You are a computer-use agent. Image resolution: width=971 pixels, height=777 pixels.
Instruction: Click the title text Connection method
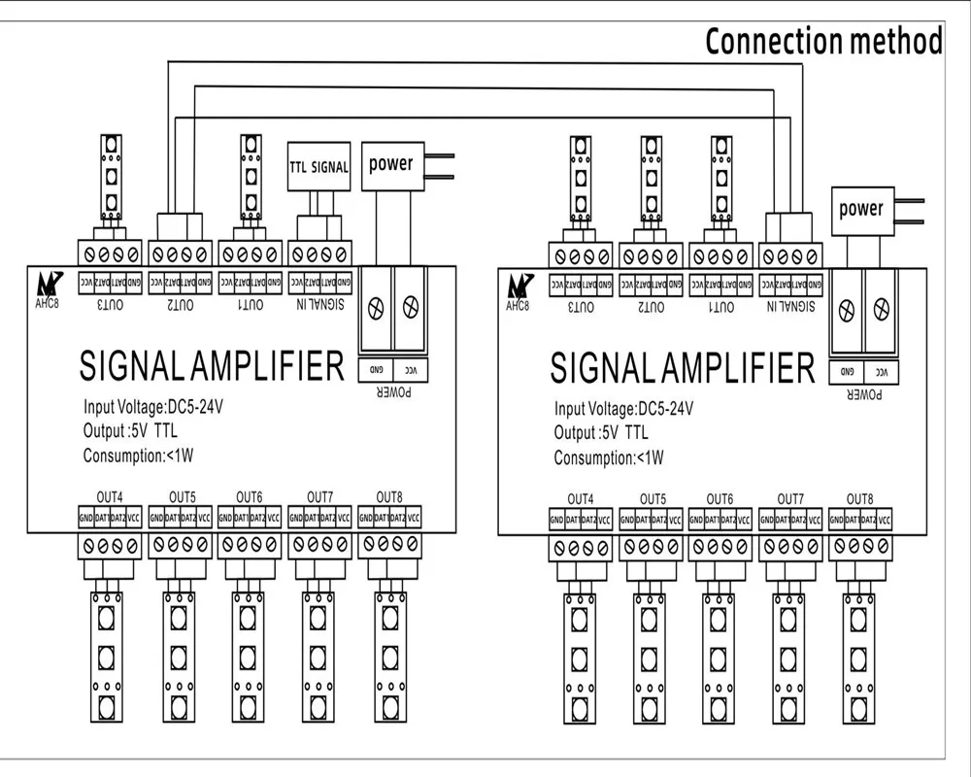(x=823, y=42)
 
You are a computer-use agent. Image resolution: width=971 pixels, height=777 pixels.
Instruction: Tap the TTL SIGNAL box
(x=318, y=167)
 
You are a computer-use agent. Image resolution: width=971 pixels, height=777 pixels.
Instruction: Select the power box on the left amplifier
(x=390, y=164)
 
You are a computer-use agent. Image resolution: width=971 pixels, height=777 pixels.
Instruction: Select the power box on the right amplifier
(x=861, y=209)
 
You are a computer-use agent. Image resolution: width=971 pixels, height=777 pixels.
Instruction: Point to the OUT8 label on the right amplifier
(x=859, y=497)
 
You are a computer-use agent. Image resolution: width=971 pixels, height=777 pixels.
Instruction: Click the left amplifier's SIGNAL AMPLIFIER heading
(x=211, y=366)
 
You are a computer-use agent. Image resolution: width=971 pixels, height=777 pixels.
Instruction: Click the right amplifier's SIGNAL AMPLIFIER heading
(x=682, y=369)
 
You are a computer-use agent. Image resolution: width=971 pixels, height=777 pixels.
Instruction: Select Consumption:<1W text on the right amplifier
(x=609, y=457)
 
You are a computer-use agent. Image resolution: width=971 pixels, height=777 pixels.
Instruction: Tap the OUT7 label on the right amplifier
(x=789, y=497)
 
